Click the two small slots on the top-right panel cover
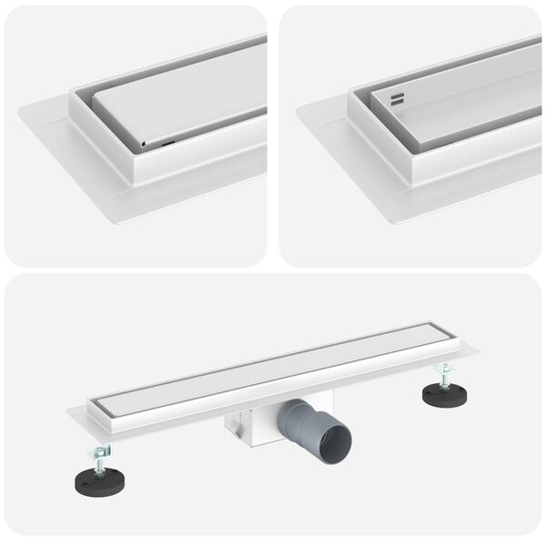click(x=397, y=99)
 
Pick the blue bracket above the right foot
click(x=443, y=368)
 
